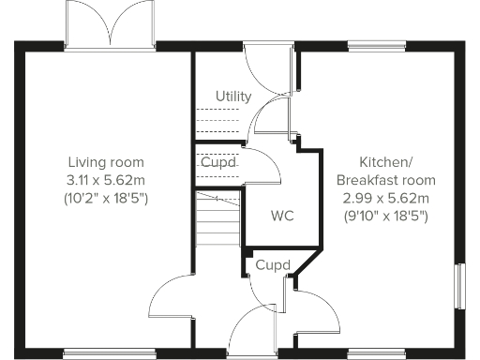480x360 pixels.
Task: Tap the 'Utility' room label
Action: click(x=232, y=97)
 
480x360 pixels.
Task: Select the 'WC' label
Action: click(x=282, y=217)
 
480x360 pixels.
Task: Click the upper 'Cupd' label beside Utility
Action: click(x=217, y=161)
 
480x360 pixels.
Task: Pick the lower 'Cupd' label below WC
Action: click(x=272, y=264)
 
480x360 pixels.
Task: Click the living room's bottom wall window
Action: click(x=109, y=352)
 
